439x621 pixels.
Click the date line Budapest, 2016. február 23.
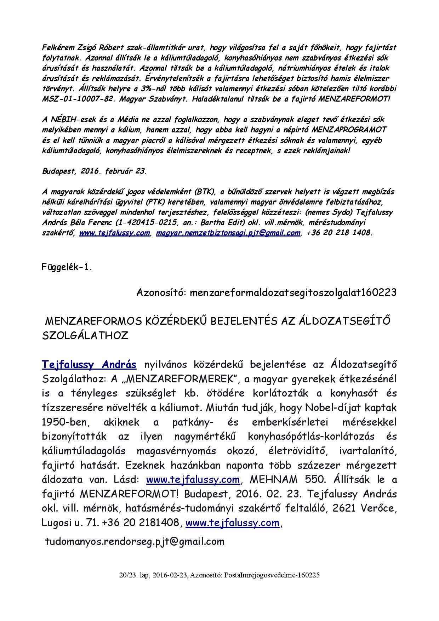pyautogui.click(x=94, y=171)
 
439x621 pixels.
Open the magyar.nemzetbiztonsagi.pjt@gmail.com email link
pyautogui.click(x=228, y=233)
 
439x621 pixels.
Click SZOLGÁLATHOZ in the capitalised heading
pyautogui.click(x=85, y=336)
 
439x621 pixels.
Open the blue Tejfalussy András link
pyautogui.click(x=89, y=364)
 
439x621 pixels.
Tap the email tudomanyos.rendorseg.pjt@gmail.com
pyautogui.click(x=135, y=541)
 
